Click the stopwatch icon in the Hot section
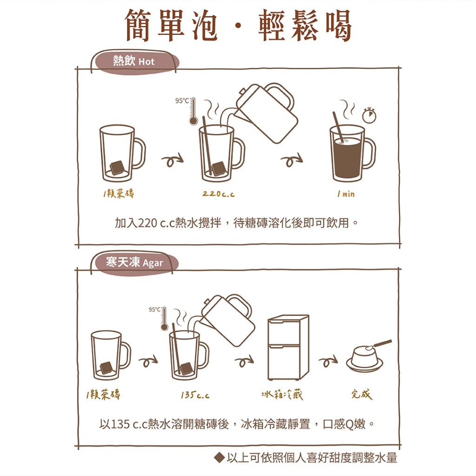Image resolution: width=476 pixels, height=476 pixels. [x=369, y=115]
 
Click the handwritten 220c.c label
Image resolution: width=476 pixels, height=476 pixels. [x=218, y=194]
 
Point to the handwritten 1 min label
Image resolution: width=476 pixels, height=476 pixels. [x=346, y=194]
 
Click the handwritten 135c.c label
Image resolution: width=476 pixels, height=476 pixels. [x=195, y=395]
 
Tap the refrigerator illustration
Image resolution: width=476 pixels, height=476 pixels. [x=288, y=347]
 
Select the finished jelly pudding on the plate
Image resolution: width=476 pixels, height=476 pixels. [x=364, y=358]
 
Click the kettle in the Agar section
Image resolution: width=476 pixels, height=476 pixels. [x=228, y=320]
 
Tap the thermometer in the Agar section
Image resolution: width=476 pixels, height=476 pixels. [x=164, y=319]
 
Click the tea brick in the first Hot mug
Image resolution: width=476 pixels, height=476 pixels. [x=117, y=167]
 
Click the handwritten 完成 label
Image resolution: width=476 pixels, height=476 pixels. [x=362, y=395]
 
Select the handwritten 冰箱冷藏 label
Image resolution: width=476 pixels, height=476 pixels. [x=282, y=395]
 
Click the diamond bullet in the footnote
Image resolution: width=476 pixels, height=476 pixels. [x=219, y=457]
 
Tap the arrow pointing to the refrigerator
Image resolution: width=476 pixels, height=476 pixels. [x=245, y=361]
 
